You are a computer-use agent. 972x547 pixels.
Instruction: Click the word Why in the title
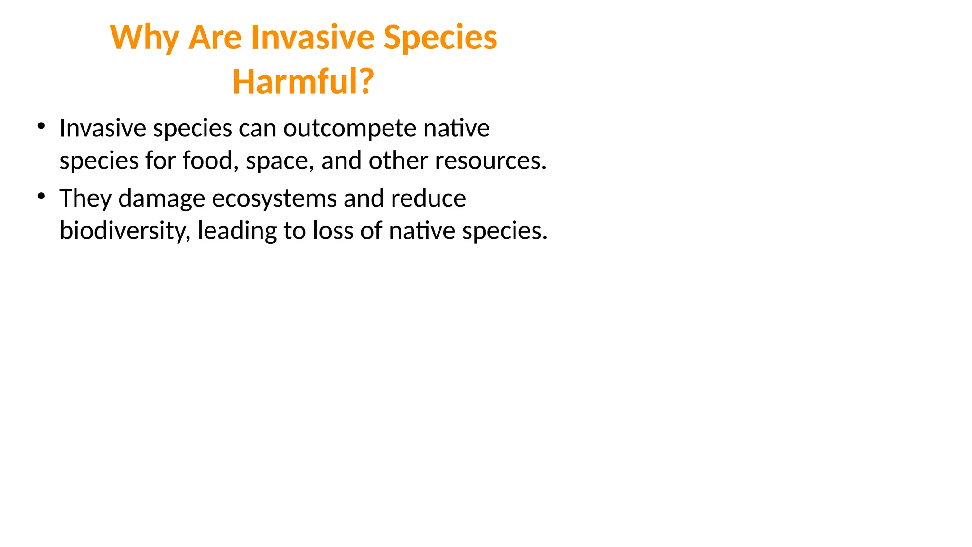pyautogui.click(x=144, y=38)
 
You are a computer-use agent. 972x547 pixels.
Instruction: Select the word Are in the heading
pyautogui.click(x=215, y=37)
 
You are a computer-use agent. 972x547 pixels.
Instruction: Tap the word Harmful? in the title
pyautogui.click(x=303, y=82)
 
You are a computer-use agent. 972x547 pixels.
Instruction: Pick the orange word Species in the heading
pyautogui.click(x=440, y=38)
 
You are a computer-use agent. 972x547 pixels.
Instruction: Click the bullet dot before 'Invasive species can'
pyautogui.click(x=42, y=126)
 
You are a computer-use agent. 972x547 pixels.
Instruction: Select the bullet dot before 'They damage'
pyautogui.click(x=42, y=196)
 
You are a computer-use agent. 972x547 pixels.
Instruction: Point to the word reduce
pyautogui.click(x=428, y=198)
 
